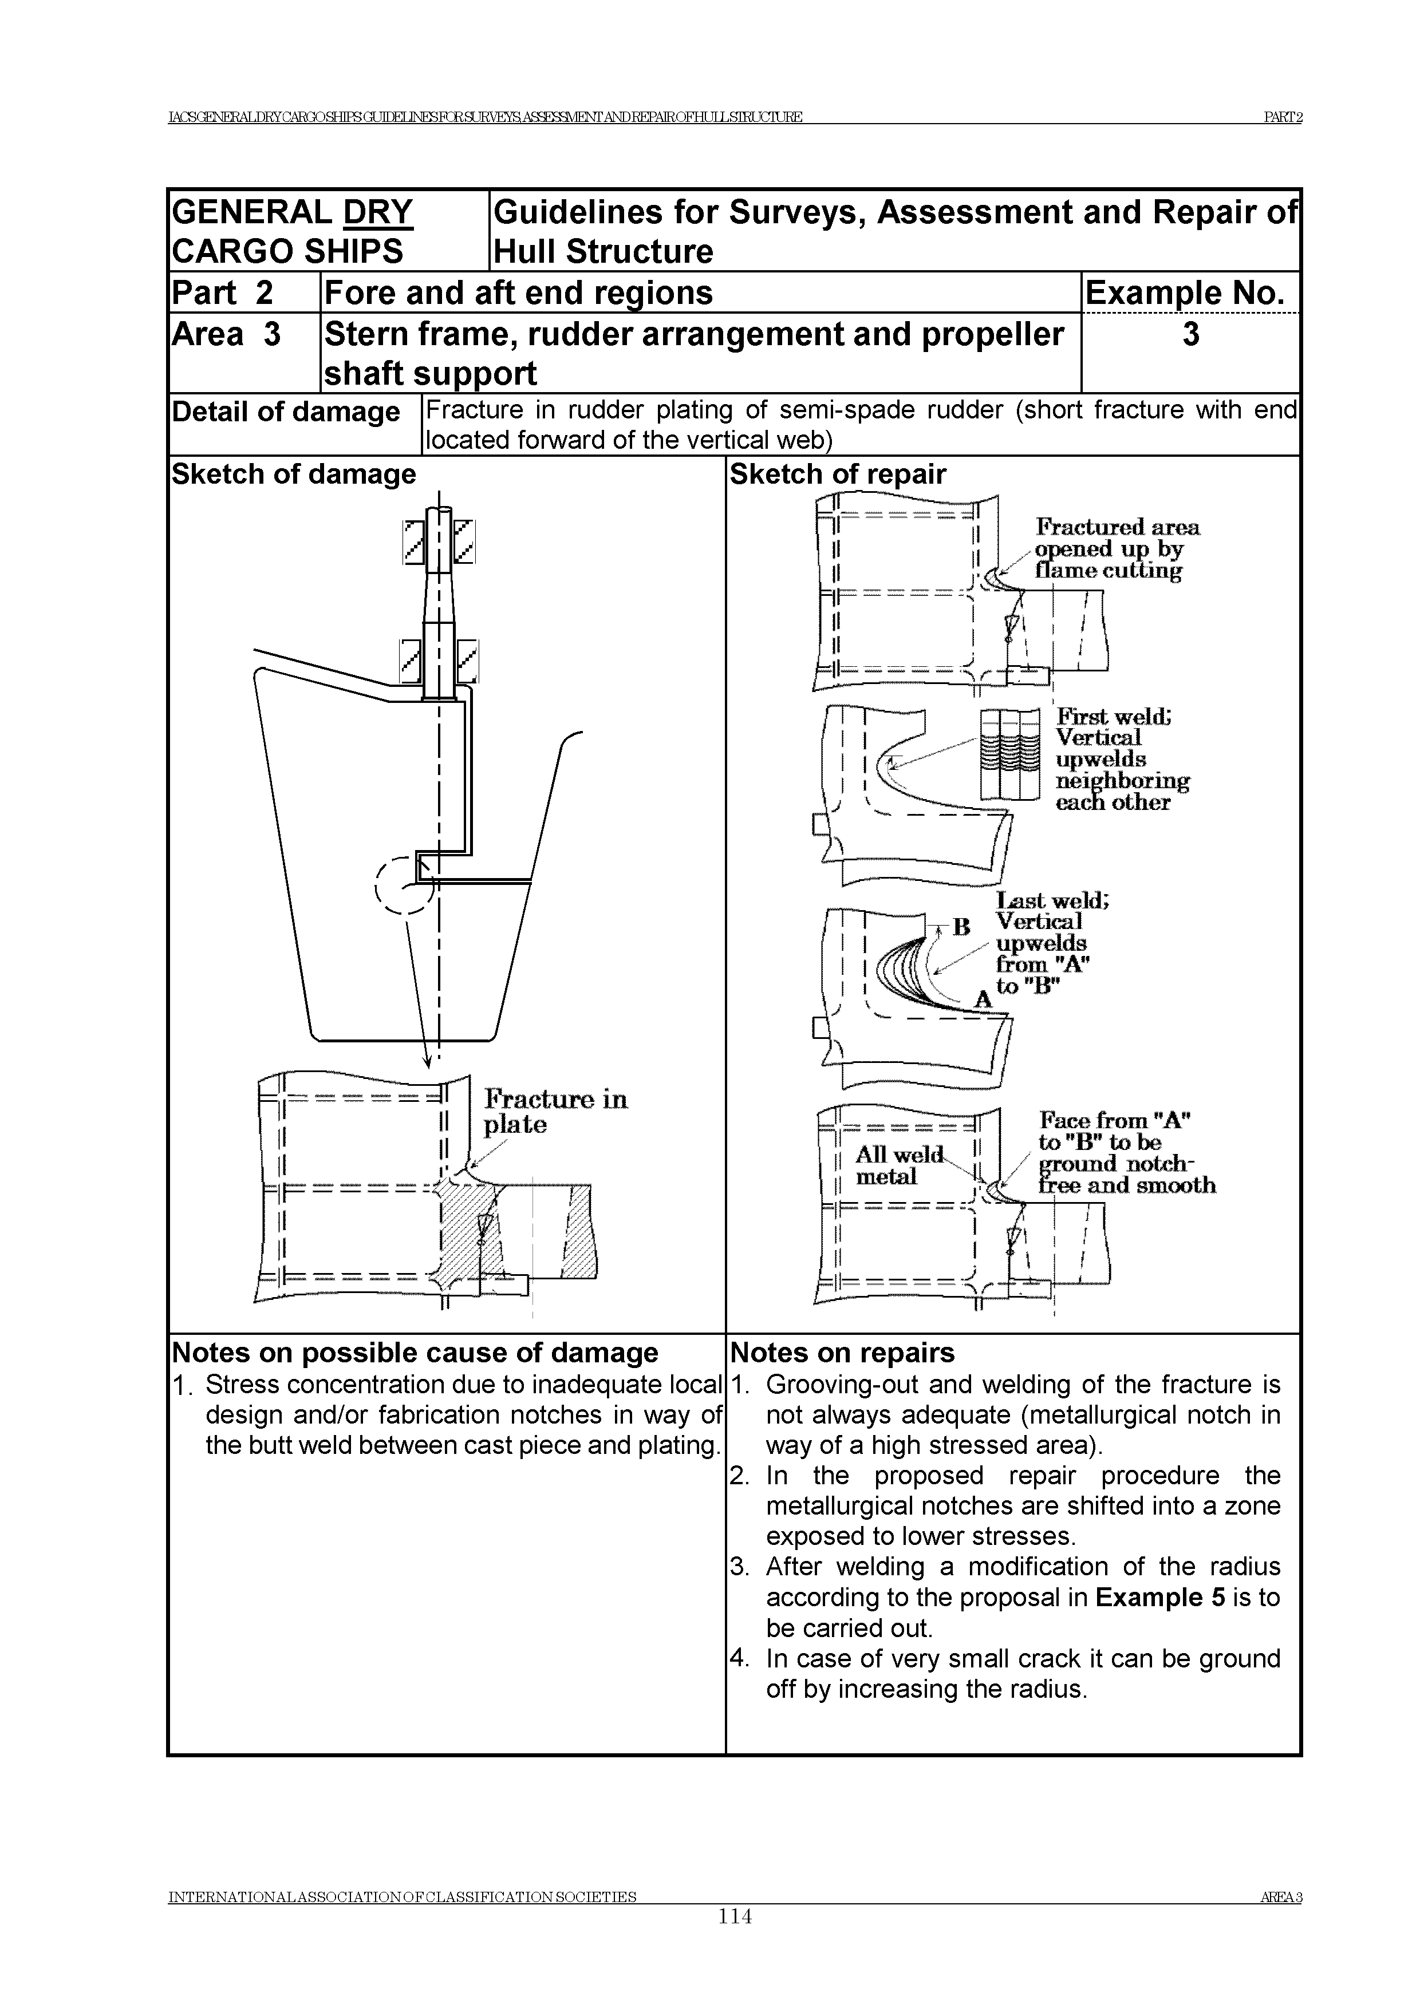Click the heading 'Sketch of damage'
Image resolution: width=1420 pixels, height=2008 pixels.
294,474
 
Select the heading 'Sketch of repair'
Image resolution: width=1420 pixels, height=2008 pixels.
837,474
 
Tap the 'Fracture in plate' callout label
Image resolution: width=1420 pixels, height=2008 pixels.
555,1112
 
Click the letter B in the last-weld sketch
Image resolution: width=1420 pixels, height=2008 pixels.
961,927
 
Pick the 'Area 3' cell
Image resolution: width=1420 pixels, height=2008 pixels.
227,335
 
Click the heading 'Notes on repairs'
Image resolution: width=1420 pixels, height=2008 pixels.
842,1353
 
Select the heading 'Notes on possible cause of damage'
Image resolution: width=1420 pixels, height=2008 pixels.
415,1353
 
